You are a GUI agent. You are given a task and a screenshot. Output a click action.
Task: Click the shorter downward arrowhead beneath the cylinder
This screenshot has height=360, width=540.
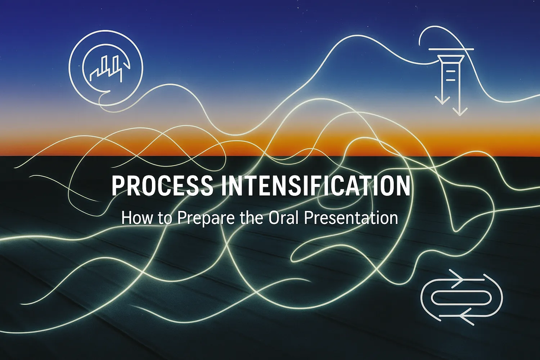tap(442, 100)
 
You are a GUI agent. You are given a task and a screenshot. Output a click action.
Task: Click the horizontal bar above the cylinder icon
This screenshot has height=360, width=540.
tap(451, 49)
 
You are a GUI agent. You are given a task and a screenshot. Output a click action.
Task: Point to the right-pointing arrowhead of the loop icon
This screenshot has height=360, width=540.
tap(456, 279)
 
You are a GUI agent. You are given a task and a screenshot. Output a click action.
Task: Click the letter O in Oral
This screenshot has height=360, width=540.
tap(274, 218)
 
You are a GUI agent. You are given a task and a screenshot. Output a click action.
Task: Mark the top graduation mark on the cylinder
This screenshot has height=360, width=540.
tap(451, 71)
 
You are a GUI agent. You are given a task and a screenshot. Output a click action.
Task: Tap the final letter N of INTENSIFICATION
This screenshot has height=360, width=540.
tap(404, 186)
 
